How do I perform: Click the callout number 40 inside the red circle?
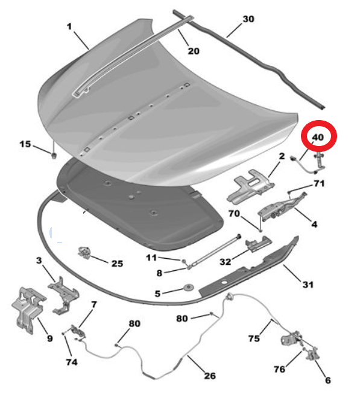pos(318,137)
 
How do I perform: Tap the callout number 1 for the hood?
pos(69,26)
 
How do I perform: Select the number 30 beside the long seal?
pos(248,19)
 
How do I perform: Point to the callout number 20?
pos(194,51)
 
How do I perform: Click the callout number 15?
pos(25,144)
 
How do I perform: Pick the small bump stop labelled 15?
pos(54,156)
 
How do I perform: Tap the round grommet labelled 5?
pos(189,287)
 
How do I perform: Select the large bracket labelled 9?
pos(28,310)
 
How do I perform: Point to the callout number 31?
pos(308,285)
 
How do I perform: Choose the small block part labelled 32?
pos(258,244)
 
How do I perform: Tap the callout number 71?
pos(319,183)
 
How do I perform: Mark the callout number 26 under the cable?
pos(210,376)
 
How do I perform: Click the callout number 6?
pos(328,380)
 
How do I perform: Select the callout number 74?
pos(72,362)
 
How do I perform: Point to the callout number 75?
pos(254,338)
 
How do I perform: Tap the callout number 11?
pos(151,258)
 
